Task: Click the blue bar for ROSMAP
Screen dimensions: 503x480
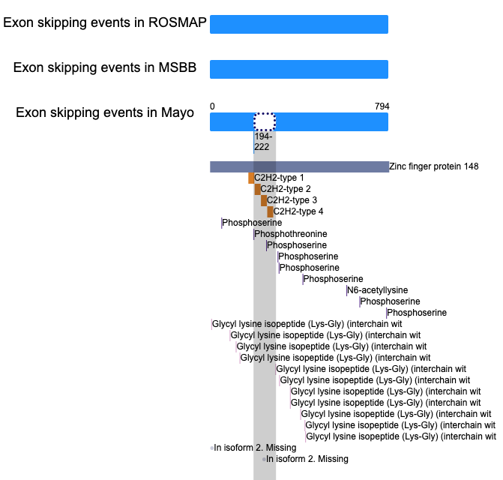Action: coord(299,24)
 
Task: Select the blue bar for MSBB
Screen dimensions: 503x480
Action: coord(299,69)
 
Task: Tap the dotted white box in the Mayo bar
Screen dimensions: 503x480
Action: coord(265,122)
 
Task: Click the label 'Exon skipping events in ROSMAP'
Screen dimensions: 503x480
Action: coord(105,22)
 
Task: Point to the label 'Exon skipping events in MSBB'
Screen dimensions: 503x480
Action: coord(105,67)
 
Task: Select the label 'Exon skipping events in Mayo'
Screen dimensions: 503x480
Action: coord(105,112)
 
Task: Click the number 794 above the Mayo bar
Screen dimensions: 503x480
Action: coord(382,106)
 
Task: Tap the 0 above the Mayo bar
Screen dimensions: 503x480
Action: coord(212,106)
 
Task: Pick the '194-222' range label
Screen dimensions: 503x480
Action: coord(263,142)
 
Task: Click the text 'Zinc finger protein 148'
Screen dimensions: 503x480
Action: coord(434,166)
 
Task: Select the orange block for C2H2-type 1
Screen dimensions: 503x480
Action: coord(251,178)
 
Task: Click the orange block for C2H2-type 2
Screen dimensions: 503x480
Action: coord(258,189)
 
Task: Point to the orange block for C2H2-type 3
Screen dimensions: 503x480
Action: coord(264,200)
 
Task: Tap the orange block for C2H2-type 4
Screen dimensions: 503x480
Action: coord(270,211)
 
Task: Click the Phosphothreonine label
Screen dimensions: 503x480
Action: coord(291,234)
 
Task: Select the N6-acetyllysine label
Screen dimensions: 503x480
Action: coord(378,290)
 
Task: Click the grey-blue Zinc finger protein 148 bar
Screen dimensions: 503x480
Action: coord(299,166)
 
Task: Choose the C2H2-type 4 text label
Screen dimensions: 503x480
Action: coord(298,211)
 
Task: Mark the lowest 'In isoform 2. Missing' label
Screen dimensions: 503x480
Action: coord(307,459)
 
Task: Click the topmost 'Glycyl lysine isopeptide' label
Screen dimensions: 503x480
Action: coord(307,324)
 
